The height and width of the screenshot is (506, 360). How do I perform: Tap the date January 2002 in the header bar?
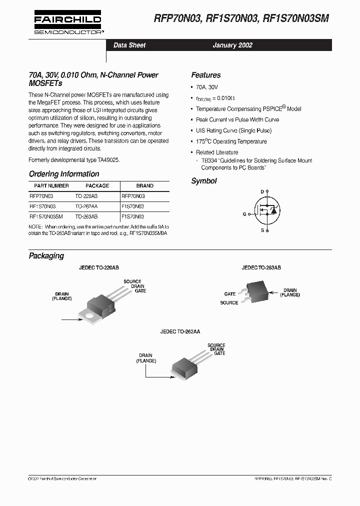(x=232, y=45)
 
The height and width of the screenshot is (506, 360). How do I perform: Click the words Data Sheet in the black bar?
(x=129, y=45)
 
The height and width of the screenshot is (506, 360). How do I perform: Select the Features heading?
(x=205, y=75)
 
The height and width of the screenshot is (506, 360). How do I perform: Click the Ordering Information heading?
(x=64, y=174)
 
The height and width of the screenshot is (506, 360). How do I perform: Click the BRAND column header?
(x=144, y=185)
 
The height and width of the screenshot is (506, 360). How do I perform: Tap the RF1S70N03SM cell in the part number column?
(x=46, y=217)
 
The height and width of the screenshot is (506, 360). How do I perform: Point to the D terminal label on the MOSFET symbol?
(x=262, y=191)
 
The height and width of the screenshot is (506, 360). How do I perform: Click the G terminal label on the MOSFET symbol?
(x=244, y=213)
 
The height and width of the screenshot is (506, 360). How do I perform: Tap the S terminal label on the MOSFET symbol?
(x=262, y=230)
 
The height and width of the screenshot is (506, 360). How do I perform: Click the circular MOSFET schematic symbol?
(x=267, y=211)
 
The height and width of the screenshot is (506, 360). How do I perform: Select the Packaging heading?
(x=46, y=255)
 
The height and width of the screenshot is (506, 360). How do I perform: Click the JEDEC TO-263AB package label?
(x=261, y=268)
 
